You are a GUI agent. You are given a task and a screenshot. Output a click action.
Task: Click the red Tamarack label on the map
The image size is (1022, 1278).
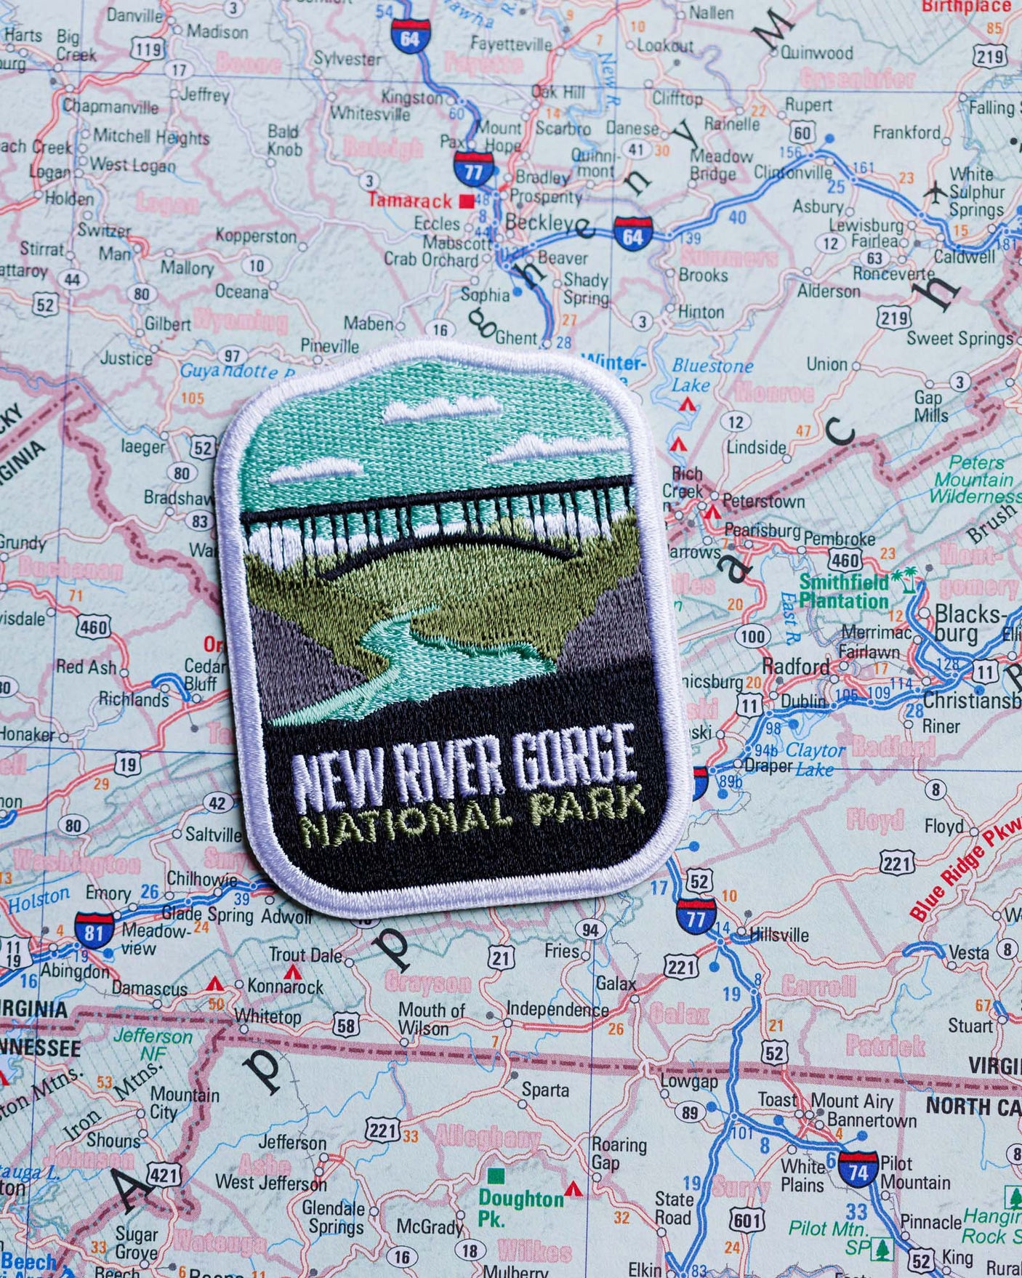(410, 200)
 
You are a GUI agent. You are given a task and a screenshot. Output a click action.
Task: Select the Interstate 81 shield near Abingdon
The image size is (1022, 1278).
(94, 931)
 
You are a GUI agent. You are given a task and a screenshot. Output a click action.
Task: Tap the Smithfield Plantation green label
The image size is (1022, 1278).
(844, 591)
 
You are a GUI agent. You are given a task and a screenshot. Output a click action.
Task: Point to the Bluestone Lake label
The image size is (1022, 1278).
(711, 374)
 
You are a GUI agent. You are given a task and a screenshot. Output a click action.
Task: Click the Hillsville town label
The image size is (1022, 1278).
(778, 935)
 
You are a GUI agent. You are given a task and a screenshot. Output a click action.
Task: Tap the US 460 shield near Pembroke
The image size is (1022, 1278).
(845, 560)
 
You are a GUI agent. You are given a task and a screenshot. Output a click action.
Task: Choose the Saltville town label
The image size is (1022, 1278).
(213, 834)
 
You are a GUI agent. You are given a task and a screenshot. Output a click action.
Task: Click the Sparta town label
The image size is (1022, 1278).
(545, 1090)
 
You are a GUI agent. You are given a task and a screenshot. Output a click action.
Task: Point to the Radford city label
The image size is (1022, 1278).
(795, 667)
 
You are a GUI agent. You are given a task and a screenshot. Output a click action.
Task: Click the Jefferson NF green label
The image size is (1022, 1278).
(153, 1044)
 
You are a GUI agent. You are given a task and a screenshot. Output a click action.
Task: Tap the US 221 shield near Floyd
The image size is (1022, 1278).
(897, 863)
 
